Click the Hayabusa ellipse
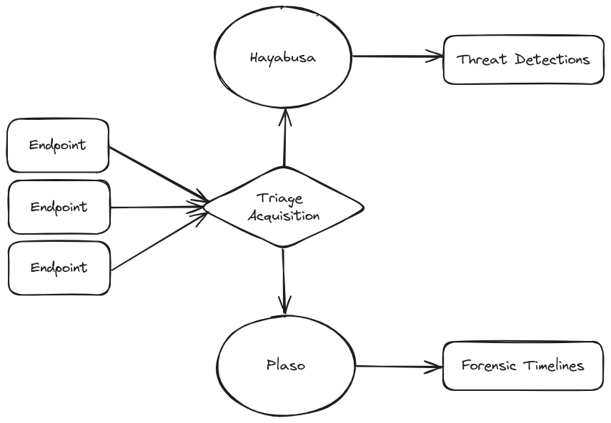click(284, 57)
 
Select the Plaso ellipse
click(285, 365)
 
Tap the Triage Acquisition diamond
click(284, 208)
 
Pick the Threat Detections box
click(524, 59)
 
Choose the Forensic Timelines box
click(523, 366)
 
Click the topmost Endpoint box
click(58, 146)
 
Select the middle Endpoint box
click(59, 208)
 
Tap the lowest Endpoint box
click(59, 268)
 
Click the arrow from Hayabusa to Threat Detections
click(398, 56)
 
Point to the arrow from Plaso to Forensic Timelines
click(399, 367)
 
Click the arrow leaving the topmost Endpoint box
click(157, 174)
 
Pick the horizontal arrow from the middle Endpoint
click(157, 208)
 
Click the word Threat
click(480, 59)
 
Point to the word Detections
click(547, 59)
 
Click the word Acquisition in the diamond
click(284, 215)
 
